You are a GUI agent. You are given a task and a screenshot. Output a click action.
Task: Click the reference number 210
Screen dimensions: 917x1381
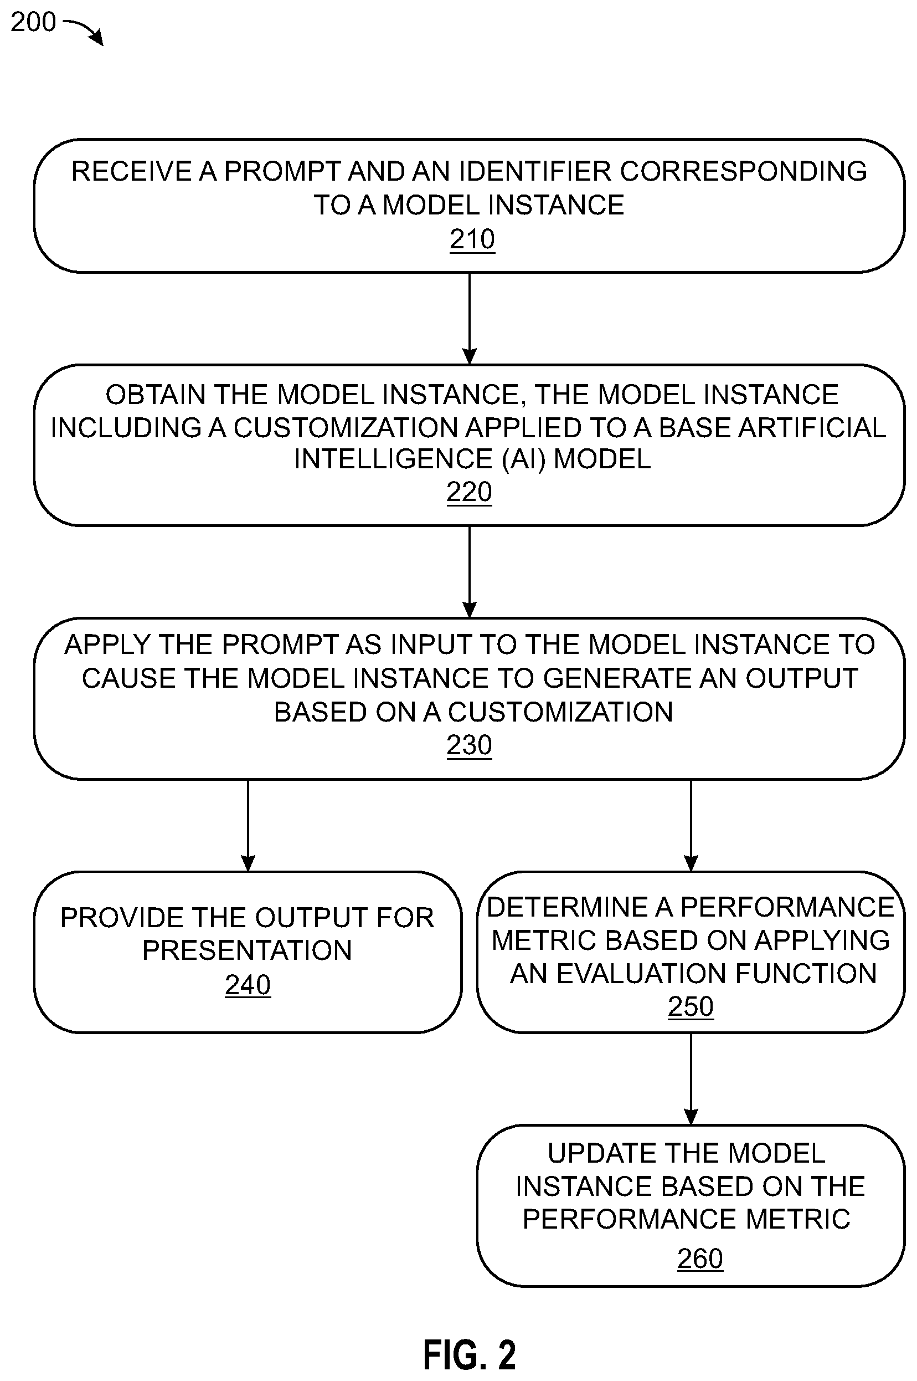pyautogui.click(x=472, y=239)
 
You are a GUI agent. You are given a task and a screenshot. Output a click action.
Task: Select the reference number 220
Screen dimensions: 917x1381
pyautogui.click(x=469, y=492)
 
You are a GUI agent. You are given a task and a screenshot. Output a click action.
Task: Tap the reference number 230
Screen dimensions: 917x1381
pyautogui.click(x=469, y=745)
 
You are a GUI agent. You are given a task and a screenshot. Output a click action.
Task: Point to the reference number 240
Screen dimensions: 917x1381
pyautogui.click(x=248, y=985)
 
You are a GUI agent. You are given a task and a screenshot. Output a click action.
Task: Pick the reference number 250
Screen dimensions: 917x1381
pyautogui.click(x=691, y=1006)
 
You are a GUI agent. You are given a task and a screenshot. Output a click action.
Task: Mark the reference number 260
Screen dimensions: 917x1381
pyautogui.click(x=700, y=1258)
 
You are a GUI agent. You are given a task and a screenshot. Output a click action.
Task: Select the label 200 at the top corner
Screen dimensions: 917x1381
pyautogui.click(x=33, y=22)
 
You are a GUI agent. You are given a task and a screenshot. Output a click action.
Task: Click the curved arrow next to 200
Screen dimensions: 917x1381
pyautogui.click(x=83, y=31)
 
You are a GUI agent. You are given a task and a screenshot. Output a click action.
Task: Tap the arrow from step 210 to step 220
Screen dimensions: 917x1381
pyautogui.click(x=470, y=318)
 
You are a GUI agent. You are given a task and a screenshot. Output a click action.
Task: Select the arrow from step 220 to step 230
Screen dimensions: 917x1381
pyautogui.click(x=470, y=572)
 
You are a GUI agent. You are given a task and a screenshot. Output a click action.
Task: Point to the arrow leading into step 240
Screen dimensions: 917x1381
pyautogui.click(x=248, y=825)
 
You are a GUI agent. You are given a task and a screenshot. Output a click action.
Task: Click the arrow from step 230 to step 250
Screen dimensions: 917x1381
pyautogui.click(x=691, y=825)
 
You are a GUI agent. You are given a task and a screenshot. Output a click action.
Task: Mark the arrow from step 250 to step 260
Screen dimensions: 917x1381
pyautogui.click(x=691, y=1078)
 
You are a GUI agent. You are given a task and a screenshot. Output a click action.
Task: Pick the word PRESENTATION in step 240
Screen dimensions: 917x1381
pyautogui.click(x=247, y=951)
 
